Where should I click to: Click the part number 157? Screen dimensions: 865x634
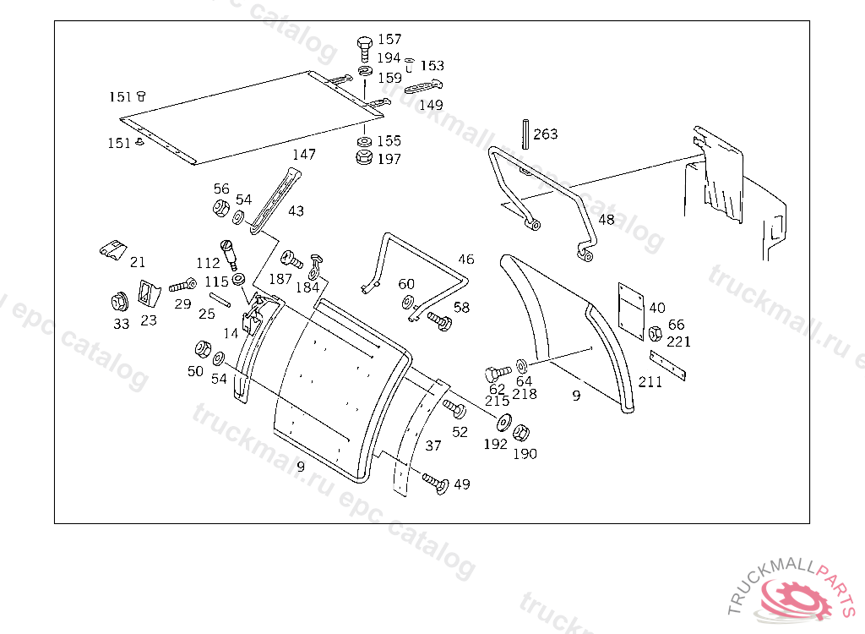pyautogui.click(x=389, y=39)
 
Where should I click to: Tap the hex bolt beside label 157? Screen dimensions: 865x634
pyautogui.click(x=365, y=49)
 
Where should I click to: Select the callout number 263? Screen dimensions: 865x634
pyautogui.click(x=545, y=134)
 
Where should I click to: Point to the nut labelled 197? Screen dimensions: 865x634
pyautogui.click(x=363, y=157)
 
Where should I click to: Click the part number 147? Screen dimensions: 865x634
pyautogui.click(x=304, y=154)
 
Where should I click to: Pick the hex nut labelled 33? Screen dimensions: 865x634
pyautogui.click(x=119, y=302)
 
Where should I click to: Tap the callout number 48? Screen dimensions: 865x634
pyautogui.click(x=607, y=220)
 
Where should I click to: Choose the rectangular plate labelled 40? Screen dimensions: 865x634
pyautogui.click(x=631, y=311)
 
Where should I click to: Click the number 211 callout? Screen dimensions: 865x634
pyautogui.click(x=650, y=381)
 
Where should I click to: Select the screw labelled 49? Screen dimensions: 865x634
pyautogui.click(x=435, y=483)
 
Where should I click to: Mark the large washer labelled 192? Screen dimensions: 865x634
pyautogui.click(x=503, y=423)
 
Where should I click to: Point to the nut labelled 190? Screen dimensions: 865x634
pyautogui.click(x=520, y=433)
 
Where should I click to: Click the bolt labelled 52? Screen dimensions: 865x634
pyautogui.click(x=454, y=408)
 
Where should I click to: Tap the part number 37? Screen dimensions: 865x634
pyautogui.click(x=433, y=445)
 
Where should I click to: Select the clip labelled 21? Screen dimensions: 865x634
pyautogui.click(x=113, y=249)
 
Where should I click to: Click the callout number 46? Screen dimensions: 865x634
pyautogui.click(x=466, y=259)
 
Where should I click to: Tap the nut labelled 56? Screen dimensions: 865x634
pyautogui.click(x=220, y=208)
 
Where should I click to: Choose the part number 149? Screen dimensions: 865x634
pyautogui.click(x=431, y=104)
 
